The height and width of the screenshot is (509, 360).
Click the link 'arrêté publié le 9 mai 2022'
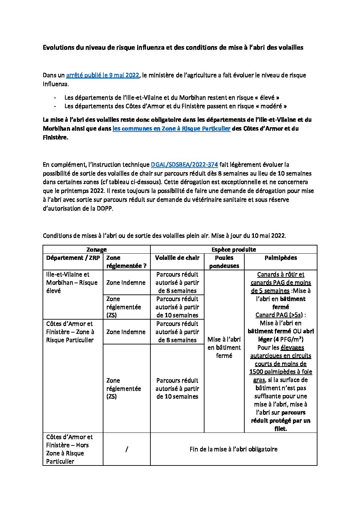click(x=102, y=75)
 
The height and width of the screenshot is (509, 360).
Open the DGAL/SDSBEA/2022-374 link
click(x=184, y=165)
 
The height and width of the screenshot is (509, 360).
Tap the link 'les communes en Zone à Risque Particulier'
click(x=171, y=129)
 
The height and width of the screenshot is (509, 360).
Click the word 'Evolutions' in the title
click(x=58, y=48)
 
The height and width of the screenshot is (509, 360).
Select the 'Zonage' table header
click(x=96, y=250)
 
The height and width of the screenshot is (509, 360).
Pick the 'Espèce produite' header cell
click(x=233, y=250)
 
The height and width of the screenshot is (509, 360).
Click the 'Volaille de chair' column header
click(x=177, y=258)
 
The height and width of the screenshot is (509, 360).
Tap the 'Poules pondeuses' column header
click(x=224, y=262)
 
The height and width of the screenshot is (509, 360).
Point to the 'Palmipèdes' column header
click(x=280, y=258)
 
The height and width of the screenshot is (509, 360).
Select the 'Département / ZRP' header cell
click(x=73, y=258)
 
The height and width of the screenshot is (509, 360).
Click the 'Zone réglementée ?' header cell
click(x=126, y=262)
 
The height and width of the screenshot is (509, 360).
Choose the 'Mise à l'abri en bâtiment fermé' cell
click(x=224, y=347)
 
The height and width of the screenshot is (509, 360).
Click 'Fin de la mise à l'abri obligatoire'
click(x=233, y=449)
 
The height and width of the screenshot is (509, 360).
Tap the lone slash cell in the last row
click(x=127, y=449)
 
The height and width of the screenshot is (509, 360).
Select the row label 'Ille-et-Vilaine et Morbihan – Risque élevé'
click(x=72, y=283)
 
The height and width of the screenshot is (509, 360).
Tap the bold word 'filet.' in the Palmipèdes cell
click(x=280, y=429)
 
